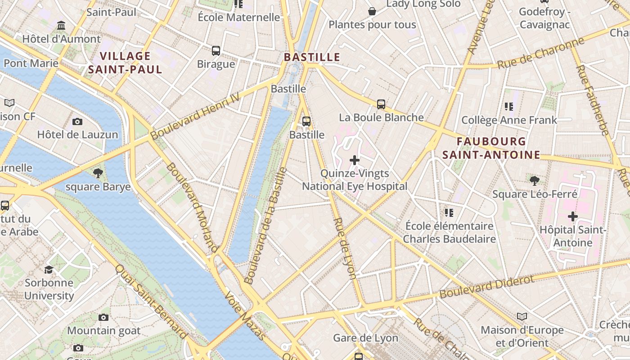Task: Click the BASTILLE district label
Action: pyautogui.click(x=312, y=57)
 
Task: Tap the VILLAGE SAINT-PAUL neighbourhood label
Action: pyautogui.click(x=125, y=63)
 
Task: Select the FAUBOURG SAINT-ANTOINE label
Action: pyautogui.click(x=491, y=148)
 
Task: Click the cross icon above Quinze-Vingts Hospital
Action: pyautogui.click(x=355, y=160)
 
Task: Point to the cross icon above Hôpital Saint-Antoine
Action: pyautogui.click(x=572, y=216)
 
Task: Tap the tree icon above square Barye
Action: pyautogui.click(x=98, y=173)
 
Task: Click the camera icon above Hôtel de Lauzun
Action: pyautogui.click(x=77, y=121)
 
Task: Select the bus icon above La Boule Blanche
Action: pyautogui.click(x=381, y=104)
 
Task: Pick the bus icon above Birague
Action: pyautogui.click(x=216, y=50)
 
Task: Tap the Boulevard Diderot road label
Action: pyautogui.click(x=487, y=287)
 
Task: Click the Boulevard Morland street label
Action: pyautogui.click(x=192, y=207)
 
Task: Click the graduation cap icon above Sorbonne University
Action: pyautogui.click(x=49, y=270)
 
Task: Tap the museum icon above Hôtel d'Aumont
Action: pyautogui.click(x=61, y=26)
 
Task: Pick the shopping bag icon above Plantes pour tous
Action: pyautogui.click(x=372, y=11)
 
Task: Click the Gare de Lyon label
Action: pyautogui.click(x=365, y=338)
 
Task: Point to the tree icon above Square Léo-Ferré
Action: pyautogui.click(x=535, y=181)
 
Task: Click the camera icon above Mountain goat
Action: pyautogui.click(x=103, y=317)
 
